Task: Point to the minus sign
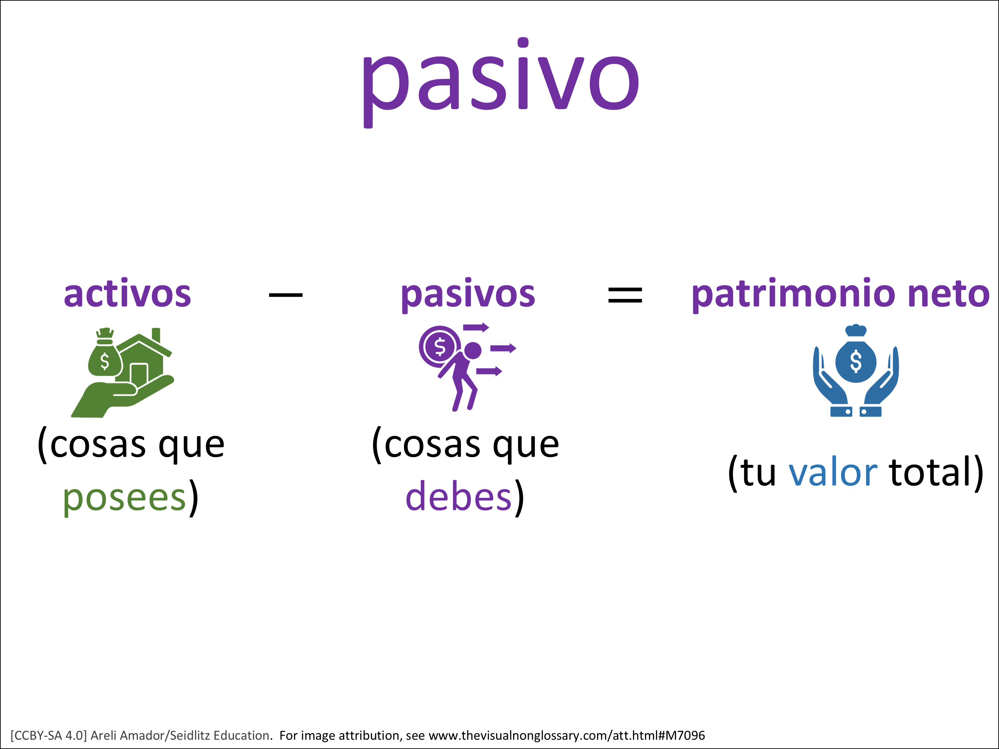tap(285, 295)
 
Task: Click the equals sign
tap(625, 295)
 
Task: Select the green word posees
tap(125, 498)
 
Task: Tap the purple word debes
tap(459, 496)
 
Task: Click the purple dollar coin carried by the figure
tap(440, 347)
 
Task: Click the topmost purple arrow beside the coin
tap(476, 327)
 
